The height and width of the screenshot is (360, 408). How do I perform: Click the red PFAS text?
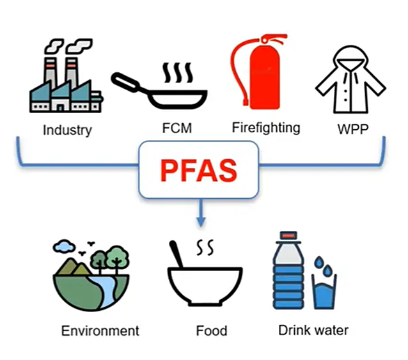pyautogui.click(x=199, y=170)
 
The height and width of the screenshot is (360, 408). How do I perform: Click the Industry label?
pyautogui.click(x=67, y=130)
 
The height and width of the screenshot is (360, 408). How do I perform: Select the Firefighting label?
pyautogui.click(x=265, y=127)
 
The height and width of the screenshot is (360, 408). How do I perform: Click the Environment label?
pyautogui.click(x=100, y=331)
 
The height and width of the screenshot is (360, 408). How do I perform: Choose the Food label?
pyautogui.click(x=211, y=331)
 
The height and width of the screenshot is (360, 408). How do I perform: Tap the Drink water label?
pyautogui.click(x=313, y=330)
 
